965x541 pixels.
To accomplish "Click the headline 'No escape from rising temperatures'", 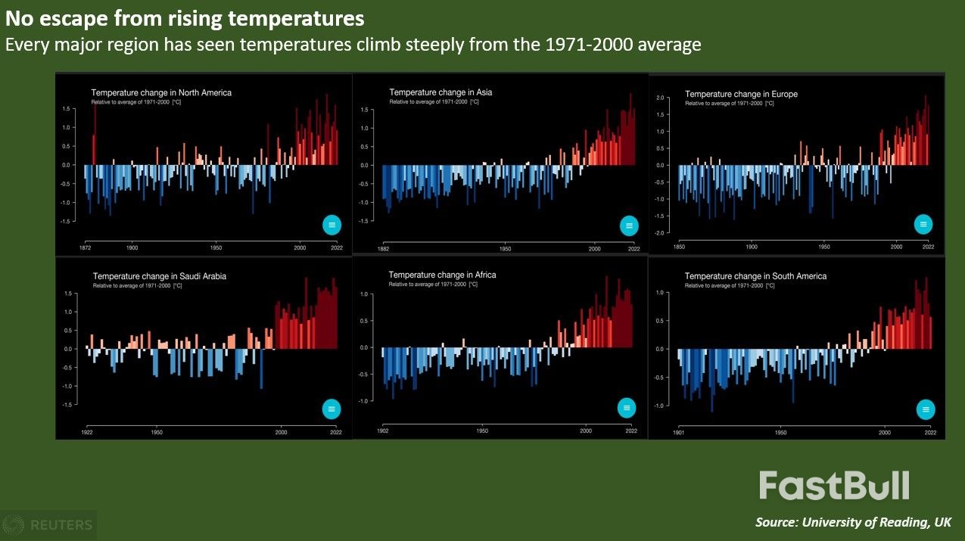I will pos(185,17).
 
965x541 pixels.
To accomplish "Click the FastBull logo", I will pos(834,486).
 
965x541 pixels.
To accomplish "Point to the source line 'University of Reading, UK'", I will pos(853,522).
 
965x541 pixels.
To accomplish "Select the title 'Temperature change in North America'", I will pos(161,93).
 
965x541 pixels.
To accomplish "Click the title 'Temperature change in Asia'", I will pos(440,92).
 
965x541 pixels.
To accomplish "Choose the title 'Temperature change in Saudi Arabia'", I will pos(159,276).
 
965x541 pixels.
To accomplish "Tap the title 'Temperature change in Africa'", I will pos(442,275).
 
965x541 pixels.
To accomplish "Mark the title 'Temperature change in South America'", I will pos(755,276).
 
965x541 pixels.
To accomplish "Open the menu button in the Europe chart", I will pos(923,224).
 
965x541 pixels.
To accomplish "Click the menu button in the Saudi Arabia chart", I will pos(332,409).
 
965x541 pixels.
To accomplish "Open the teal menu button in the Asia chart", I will pos(629,225).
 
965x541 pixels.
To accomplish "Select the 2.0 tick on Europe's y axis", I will pos(659,98).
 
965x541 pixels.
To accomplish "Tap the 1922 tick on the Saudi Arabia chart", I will pos(87,432).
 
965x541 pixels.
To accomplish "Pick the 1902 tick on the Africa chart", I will pos(383,431).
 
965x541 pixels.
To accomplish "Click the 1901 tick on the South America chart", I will pos(679,433).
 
